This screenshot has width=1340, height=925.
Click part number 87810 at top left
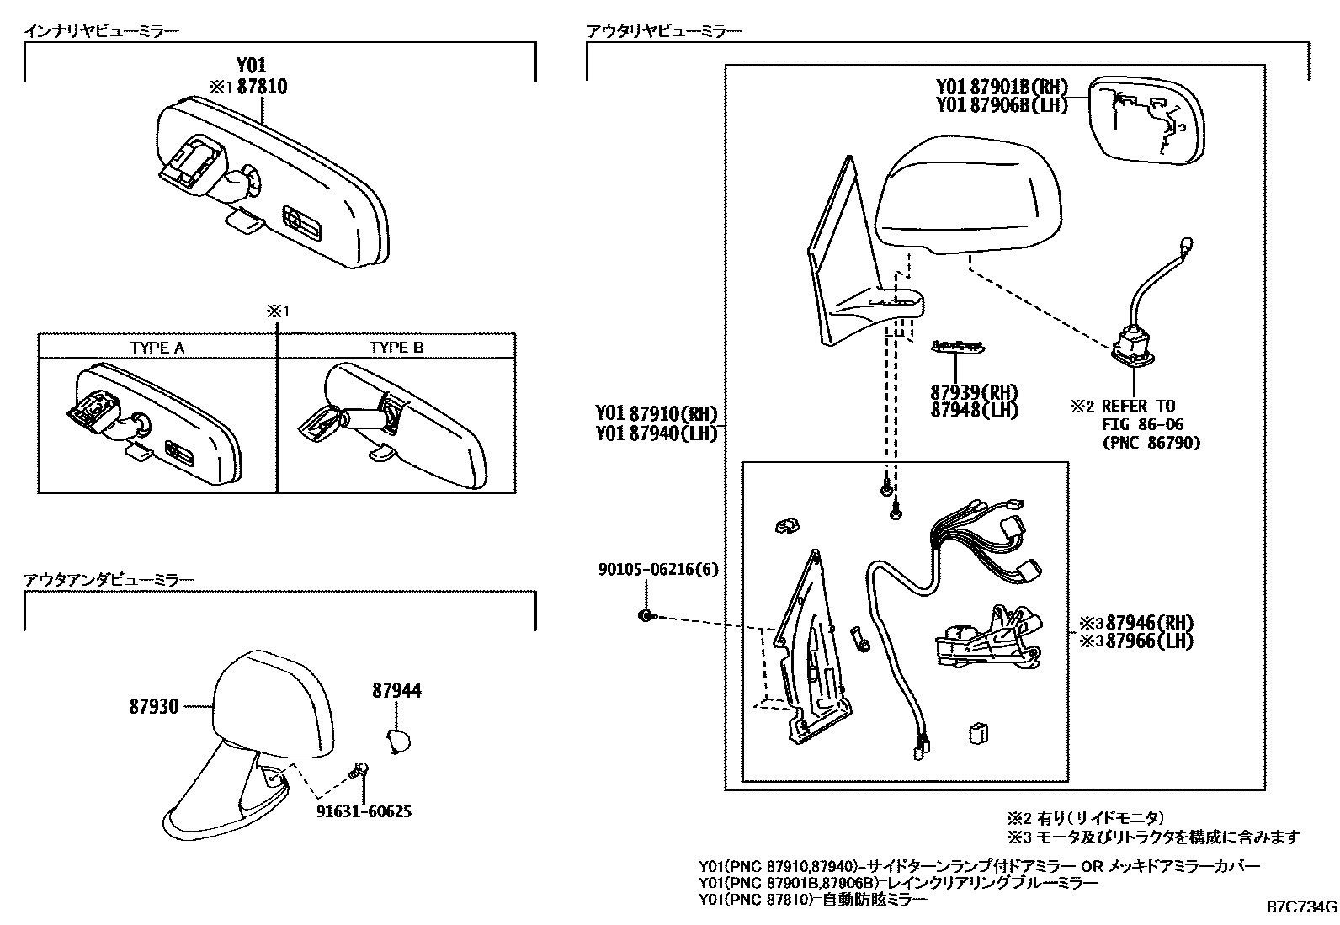[262, 86]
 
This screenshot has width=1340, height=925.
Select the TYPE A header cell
[157, 347]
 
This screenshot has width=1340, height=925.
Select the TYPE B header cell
[396, 347]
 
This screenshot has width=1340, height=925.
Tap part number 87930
[154, 707]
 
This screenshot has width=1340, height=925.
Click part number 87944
[397, 691]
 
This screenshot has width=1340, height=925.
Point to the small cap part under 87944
[398, 742]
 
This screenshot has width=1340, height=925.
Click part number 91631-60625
[364, 812]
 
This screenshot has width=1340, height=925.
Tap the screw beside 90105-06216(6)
[646, 616]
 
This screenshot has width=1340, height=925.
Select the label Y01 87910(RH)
[656, 414]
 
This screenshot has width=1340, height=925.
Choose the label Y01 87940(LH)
[656, 433]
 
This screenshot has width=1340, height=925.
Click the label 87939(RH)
[974, 392]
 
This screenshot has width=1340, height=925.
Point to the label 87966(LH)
[1150, 641]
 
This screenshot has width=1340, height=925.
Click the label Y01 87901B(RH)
[1002, 87]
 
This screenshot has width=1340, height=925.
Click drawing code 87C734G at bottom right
[1302, 907]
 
